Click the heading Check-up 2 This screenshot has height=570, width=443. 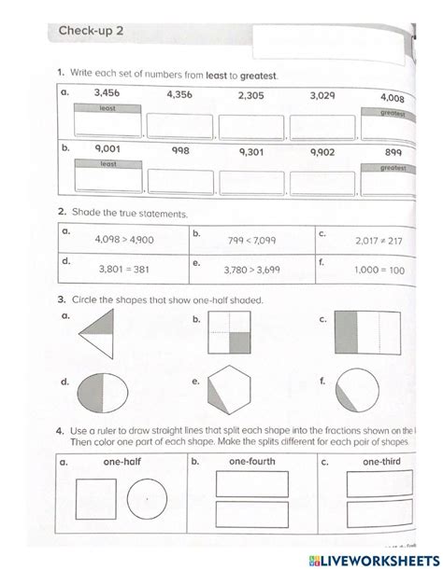(92, 34)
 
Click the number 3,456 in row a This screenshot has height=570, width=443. (111, 93)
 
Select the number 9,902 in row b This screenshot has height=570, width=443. (323, 149)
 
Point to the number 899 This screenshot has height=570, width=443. (393, 152)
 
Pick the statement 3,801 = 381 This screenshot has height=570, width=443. (124, 270)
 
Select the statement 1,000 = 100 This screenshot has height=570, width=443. (379, 271)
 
